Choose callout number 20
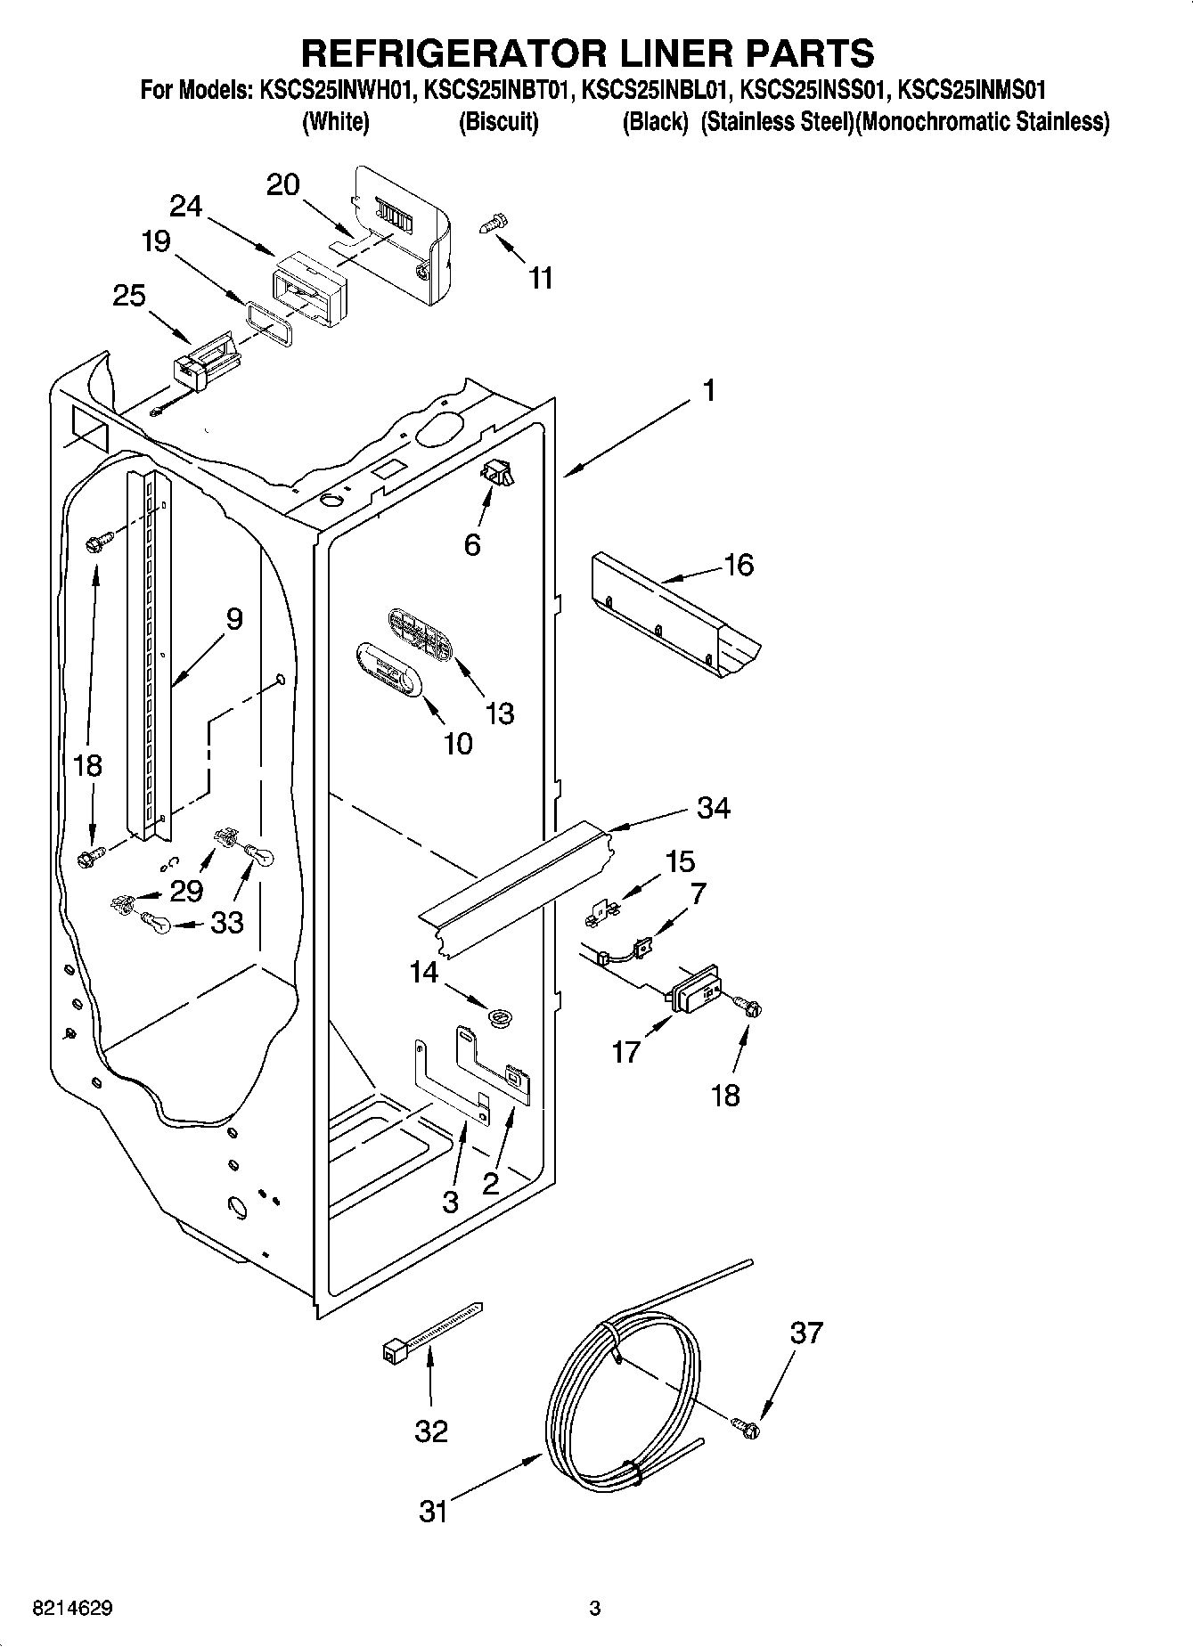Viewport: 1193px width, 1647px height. (283, 184)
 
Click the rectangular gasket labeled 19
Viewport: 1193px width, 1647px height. (268, 322)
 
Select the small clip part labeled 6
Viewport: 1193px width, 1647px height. (497, 476)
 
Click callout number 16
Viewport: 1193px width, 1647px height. (739, 565)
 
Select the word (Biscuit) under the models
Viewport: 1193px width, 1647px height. (498, 122)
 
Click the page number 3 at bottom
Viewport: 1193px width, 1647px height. (595, 1609)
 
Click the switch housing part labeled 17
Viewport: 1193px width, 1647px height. (698, 988)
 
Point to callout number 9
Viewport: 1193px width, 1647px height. (233, 618)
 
